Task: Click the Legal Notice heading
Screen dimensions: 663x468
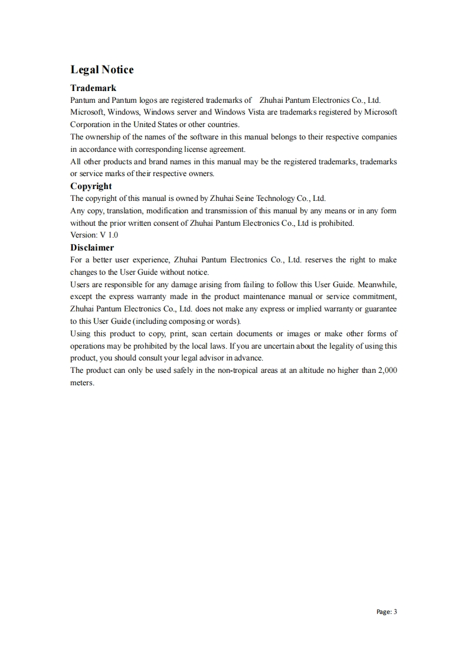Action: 102,70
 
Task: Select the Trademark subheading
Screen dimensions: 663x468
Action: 93,88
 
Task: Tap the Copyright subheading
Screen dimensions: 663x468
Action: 91,186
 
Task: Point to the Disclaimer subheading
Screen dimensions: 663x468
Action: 92,248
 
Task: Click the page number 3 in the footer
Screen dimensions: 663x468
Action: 395,612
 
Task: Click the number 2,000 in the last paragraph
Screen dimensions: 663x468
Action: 387,370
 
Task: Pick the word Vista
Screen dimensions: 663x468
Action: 250,112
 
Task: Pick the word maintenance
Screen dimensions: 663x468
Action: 267,297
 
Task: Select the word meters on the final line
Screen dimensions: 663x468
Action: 82,383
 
